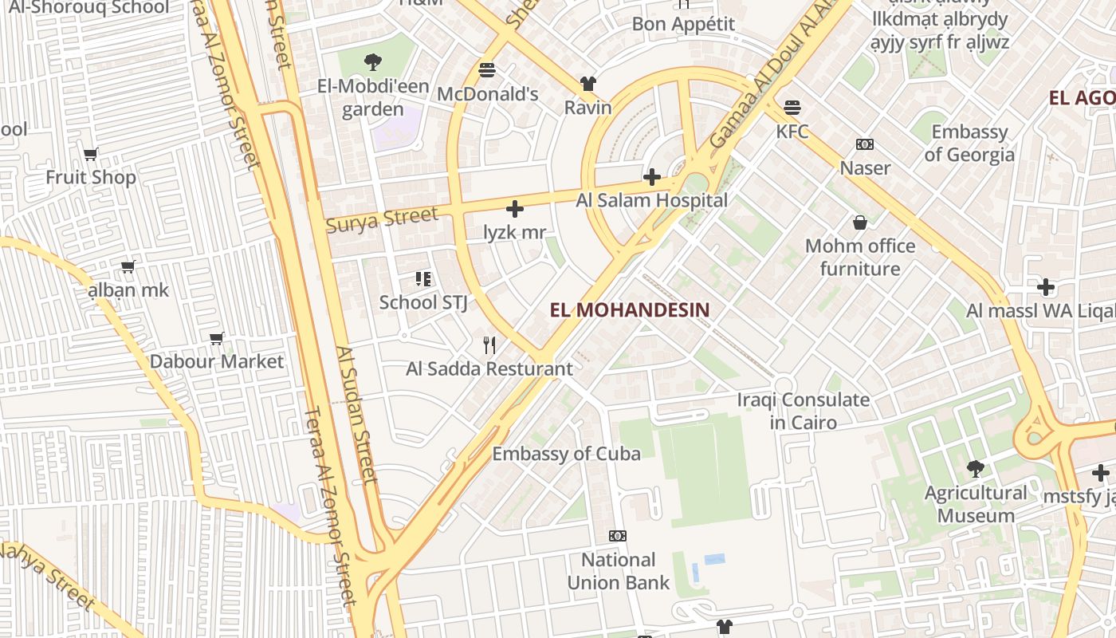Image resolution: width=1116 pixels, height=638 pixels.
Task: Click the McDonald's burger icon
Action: (487, 69)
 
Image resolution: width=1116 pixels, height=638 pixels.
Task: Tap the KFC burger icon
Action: (792, 107)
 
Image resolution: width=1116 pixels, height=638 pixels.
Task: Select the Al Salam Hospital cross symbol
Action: (652, 176)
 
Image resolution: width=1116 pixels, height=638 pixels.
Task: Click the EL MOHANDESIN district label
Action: (630, 310)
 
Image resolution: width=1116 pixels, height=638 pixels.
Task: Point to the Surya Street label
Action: (383, 219)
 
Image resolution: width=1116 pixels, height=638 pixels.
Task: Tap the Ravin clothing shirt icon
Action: (587, 83)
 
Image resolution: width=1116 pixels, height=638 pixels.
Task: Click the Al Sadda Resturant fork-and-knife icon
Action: (489, 345)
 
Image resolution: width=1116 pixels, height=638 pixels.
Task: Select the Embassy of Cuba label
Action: (566, 454)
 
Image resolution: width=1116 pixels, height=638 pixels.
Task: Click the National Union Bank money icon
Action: (618, 535)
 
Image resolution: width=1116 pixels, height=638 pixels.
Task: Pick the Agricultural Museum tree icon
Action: (975, 468)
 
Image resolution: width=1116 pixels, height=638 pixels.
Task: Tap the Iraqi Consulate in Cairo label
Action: (803, 411)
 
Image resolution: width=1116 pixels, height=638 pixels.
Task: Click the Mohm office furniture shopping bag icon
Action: (859, 223)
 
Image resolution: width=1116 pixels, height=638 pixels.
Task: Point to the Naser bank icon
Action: (865, 144)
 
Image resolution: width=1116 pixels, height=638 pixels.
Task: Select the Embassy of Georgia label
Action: (969, 143)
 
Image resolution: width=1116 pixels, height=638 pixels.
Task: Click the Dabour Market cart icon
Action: (216, 338)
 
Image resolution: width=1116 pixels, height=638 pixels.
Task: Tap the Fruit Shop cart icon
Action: (91, 154)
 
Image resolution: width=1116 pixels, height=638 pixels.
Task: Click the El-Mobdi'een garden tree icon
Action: (372, 61)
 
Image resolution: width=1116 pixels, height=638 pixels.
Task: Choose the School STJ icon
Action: (423, 279)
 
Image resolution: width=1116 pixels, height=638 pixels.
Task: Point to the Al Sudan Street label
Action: (356, 415)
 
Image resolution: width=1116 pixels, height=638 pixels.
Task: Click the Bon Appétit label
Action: (683, 24)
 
